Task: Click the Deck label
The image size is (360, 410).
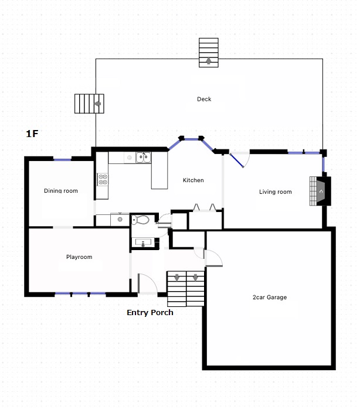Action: pos(204,99)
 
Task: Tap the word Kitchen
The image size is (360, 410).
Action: pos(193,180)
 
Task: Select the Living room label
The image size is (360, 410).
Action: pos(275,192)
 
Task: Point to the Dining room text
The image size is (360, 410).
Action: pos(61,190)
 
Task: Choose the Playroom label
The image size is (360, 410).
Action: pos(79,257)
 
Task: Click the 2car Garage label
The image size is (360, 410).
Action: pos(269,298)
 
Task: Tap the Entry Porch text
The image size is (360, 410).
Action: pos(150,313)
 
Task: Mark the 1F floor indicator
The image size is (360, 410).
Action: pos(32,134)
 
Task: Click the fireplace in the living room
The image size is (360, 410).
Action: pos(321,191)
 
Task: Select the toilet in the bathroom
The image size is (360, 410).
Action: pos(140,220)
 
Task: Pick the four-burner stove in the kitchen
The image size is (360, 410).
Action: pos(103,179)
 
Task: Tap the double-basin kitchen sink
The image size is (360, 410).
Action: pos(144,158)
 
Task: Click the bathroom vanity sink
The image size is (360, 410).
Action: pos(143,242)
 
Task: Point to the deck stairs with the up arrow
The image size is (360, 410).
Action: pos(209,53)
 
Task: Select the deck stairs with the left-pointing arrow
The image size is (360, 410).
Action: pos(89,104)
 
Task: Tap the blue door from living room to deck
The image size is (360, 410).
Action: pos(237,160)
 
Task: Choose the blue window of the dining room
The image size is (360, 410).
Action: pos(62,159)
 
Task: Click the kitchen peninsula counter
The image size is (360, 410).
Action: pos(159,170)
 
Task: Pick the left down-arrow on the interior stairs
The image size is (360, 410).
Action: pos(176,278)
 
